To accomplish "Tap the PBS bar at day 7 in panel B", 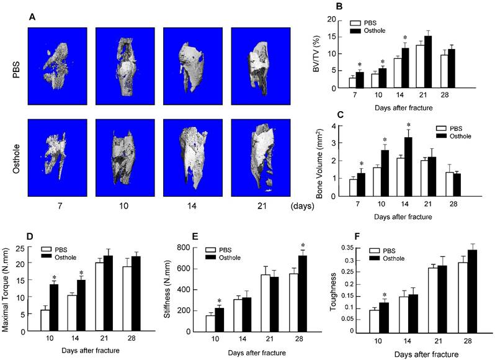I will pos(352,83).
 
